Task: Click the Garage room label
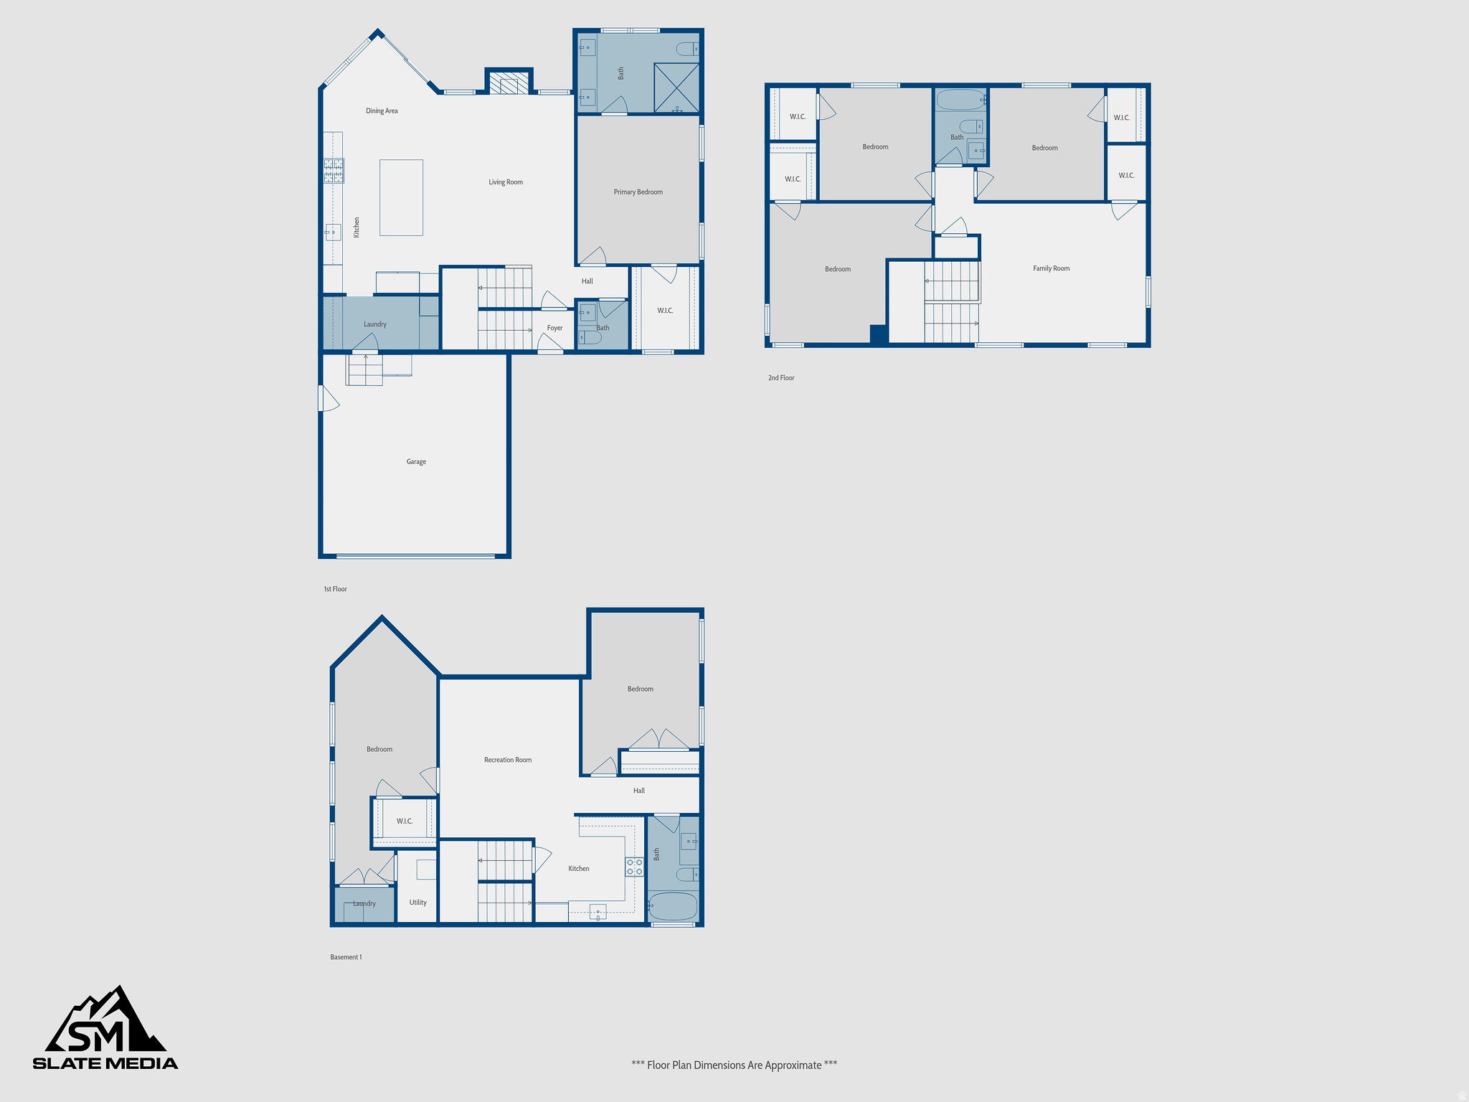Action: pyautogui.click(x=416, y=462)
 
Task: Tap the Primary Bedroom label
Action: pyautogui.click(x=638, y=192)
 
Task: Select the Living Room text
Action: pyautogui.click(x=506, y=182)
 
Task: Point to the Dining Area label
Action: pyautogui.click(x=382, y=111)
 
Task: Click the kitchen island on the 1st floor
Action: pyautogui.click(x=401, y=197)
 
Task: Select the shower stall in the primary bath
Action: pyautogui.click(x=676, y=88)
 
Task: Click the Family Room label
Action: pyautogui.click(x=1051, y=269)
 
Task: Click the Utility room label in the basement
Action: pyautogui.click(x=417, y=903)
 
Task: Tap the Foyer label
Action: pyautogui.click(x=554, y=329)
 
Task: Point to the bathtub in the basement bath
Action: pyautogui.click(x=673, y=906)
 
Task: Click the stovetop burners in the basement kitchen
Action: pyautogui.click(x=634, y=867)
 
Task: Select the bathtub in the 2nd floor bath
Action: pyautogui.click(x=960, y=100)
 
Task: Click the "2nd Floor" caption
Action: pyautogui.click(x=781, y=378)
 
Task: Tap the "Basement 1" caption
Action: pyautogui.click(x=346, y=957)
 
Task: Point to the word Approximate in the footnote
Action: pyautogui.click(x=793, y=1065)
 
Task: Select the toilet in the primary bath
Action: pyautogui.click(x=686, y=49)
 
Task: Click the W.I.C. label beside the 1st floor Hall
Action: pyautogui.click(x=665, y=311)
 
